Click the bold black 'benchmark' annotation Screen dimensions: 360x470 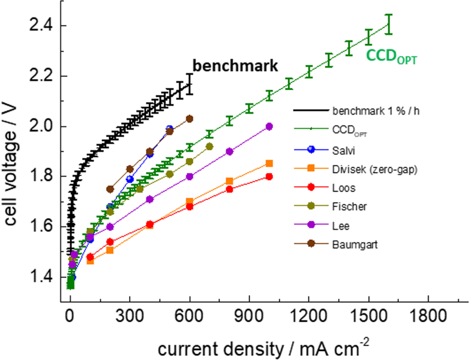point(235,66)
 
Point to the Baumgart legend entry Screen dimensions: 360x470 point(351,245)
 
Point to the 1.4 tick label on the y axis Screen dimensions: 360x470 point(41,277)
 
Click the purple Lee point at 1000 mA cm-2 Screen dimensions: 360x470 point(269,126)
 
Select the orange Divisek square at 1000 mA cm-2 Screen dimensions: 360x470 point(269,164)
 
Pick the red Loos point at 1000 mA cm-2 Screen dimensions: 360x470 point(269,177)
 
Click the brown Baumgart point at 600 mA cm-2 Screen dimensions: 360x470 point(189,119)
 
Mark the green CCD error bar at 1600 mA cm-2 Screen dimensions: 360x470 point(389,24)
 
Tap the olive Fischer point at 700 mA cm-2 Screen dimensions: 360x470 point(210,147)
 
